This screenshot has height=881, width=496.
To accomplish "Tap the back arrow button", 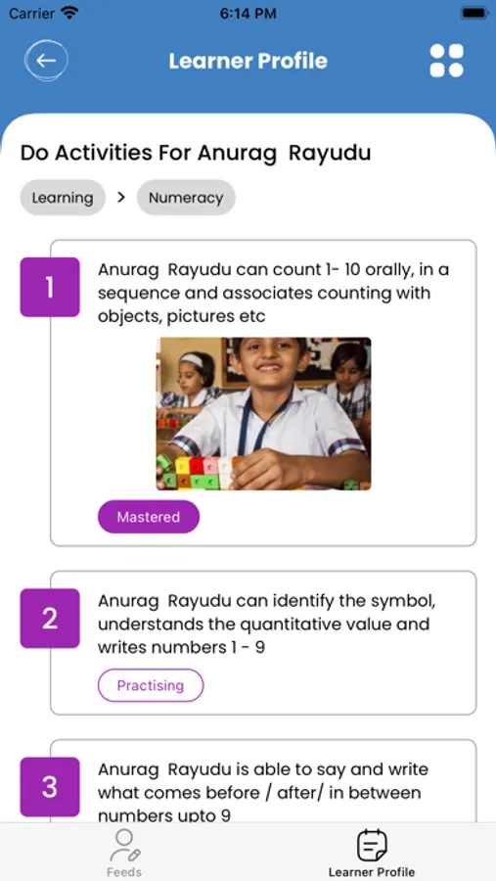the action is coord(46,60).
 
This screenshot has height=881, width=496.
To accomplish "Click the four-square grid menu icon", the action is coord(446,60).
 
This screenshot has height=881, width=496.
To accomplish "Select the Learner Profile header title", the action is coord(248,61).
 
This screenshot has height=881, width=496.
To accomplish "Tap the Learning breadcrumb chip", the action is coord(63,198).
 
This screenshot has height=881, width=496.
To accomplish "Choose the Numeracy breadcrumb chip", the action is coord(186,198).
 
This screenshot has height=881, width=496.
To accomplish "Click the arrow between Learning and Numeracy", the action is coord(120,197).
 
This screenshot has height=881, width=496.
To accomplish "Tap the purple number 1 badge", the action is coord(50,287).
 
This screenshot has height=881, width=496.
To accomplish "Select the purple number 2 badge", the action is coord(50,618).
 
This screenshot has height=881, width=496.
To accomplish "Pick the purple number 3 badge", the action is coord(50,787).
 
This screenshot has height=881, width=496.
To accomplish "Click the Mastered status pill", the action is coord(149,517).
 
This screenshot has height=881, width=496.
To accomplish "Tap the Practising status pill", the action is coord(151,685).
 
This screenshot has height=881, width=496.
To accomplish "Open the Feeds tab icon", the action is coord(124,846).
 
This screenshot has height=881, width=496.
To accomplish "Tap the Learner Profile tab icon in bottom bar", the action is coord(372,846).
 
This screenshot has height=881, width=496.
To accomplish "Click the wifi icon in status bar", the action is coord(69,13).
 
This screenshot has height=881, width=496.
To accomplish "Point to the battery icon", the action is coord(474,13).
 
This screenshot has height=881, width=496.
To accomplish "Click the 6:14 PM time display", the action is coord(248,14).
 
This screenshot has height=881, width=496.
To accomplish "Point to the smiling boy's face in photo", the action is coord(269,365).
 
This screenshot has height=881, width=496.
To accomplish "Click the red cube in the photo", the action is coord(196,466).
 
